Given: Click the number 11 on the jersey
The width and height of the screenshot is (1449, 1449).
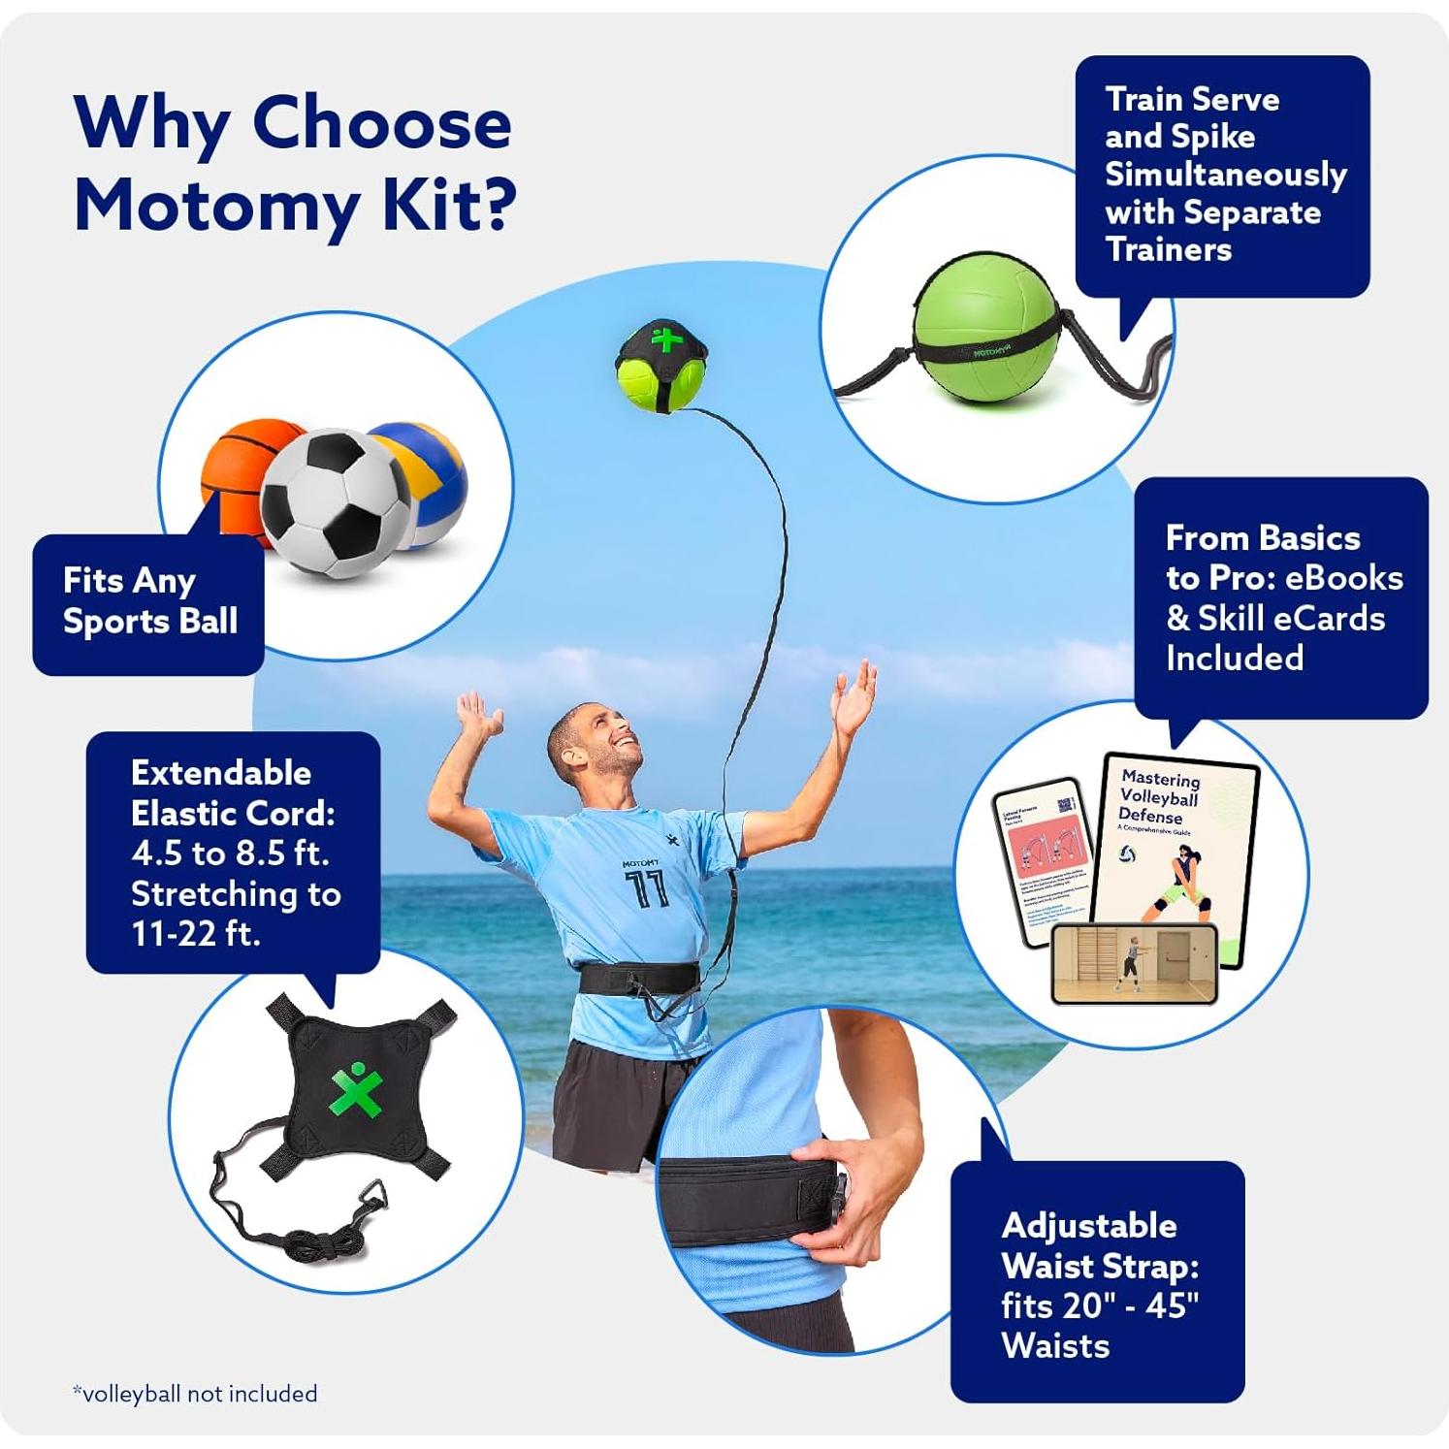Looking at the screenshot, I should click(646, 887).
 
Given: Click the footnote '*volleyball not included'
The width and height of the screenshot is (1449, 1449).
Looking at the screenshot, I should click(195, 1394).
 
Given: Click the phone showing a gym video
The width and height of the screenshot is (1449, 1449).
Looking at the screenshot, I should click(1133, 963).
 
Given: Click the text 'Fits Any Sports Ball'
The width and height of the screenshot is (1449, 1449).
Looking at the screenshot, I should click(149, 601).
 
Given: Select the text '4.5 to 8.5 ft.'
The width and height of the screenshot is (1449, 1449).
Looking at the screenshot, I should click(230, 853).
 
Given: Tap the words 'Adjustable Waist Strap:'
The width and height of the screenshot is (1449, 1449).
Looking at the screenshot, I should click(1100, 1245).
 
